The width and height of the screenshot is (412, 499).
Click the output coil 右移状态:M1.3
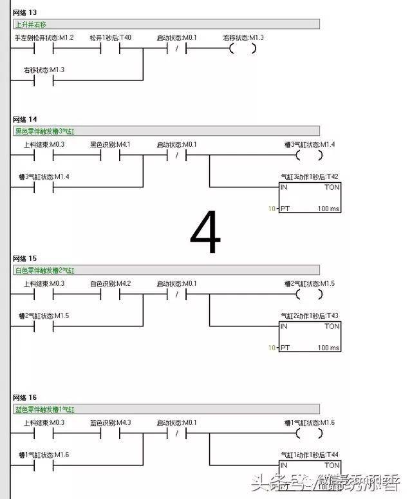coord(243,49)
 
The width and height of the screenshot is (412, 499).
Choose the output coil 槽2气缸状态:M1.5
coord(309,295)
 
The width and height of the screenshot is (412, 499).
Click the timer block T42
coord(310,197)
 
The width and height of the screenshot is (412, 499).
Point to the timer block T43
coord(310,336)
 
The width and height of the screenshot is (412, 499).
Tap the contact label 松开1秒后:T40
coord(111,38)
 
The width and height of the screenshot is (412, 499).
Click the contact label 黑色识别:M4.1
coord(110,145)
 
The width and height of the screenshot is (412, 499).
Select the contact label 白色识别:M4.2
coord(110,284)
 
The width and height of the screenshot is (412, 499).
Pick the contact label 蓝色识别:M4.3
coord(110,423)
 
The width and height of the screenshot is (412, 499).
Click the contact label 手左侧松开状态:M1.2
coord(44,38)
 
